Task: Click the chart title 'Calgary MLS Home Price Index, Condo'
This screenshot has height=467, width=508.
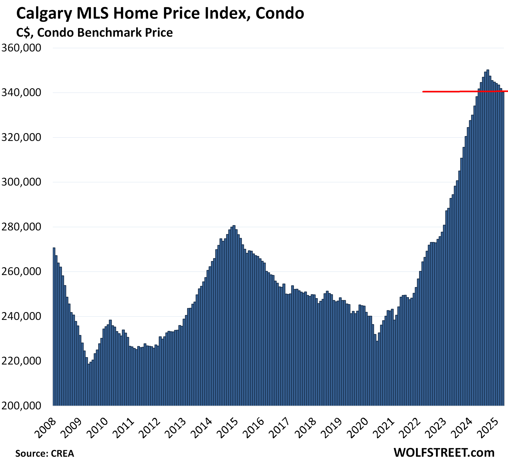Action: pyautogui.click(x=160, y=13)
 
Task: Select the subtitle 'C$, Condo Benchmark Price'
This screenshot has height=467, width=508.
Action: pyautogui.click(x=94, y=33)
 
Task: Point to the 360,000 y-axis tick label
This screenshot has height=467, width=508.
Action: pyautogui.click(x=21, y=48)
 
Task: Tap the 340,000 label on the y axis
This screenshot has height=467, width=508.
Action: pyautogui.click(x=21, y=93)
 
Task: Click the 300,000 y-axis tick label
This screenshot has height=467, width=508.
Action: pyautogui.click(x=21, y=182)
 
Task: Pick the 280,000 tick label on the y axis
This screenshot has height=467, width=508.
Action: pyautogui.click(x=21, y=227)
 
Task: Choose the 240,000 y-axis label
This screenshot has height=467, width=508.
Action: pyautogui.click(x=21, y=316)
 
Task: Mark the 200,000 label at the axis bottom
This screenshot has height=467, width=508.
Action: pyautogui.click(x=21, y=406)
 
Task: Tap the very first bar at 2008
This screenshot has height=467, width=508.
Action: pyautogui.click(x=54, y=326)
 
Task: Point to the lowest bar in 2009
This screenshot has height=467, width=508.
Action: pyautogui.click(x=89, y=384)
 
